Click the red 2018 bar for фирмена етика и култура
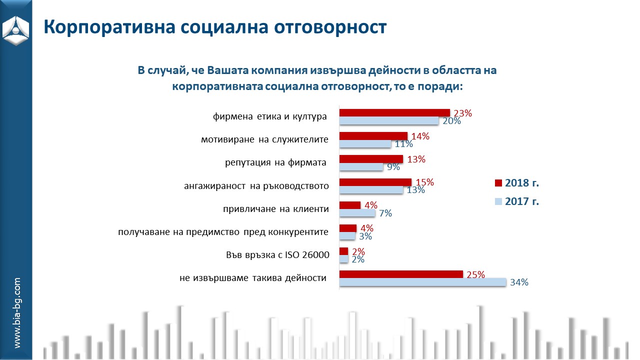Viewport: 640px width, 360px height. pos(394,112)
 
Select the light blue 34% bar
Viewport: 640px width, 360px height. pos(422,282)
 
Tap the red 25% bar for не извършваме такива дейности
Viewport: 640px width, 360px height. pos(401,274)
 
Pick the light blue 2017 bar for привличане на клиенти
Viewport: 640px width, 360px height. pos(357,213)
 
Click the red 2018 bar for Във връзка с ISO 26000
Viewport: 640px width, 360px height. pos(343,251)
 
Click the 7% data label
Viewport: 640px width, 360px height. pos(385,213)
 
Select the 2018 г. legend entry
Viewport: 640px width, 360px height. pos(517,183)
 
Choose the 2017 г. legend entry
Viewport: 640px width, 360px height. pos(517,202)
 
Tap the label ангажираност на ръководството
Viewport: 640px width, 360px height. pos(256,186)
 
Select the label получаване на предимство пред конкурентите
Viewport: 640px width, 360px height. pos(223,232)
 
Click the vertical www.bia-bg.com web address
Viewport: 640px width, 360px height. pos(17,313)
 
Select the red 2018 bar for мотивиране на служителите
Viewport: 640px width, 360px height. pos(373,136)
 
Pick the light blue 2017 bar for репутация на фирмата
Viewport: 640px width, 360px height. pos(361,167)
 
